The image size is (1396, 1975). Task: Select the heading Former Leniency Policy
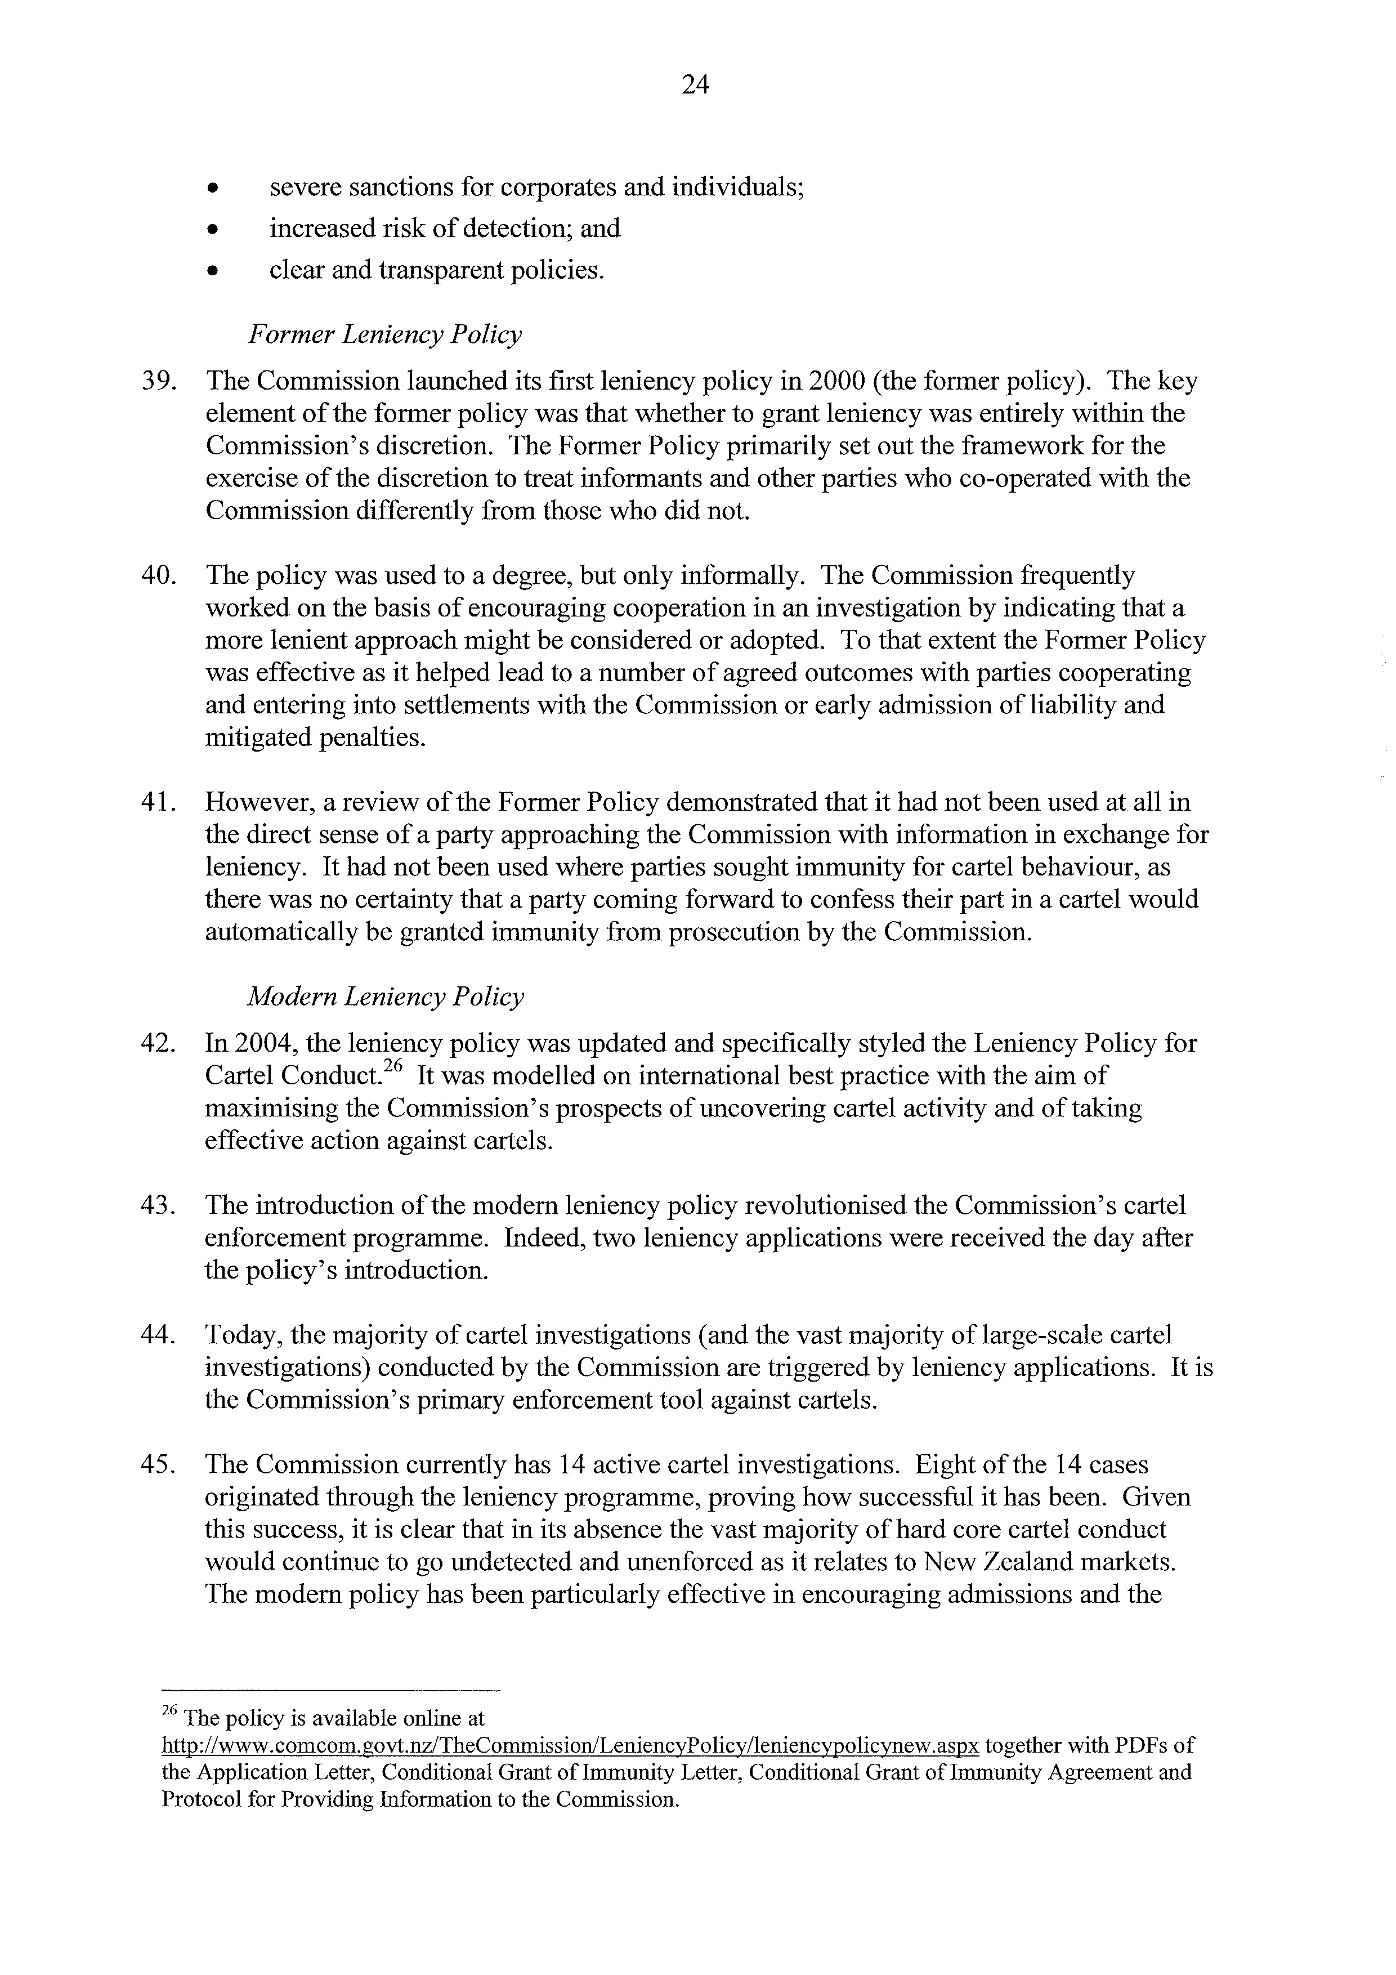[384, 334]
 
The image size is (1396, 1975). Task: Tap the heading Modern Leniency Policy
[384, 997]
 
